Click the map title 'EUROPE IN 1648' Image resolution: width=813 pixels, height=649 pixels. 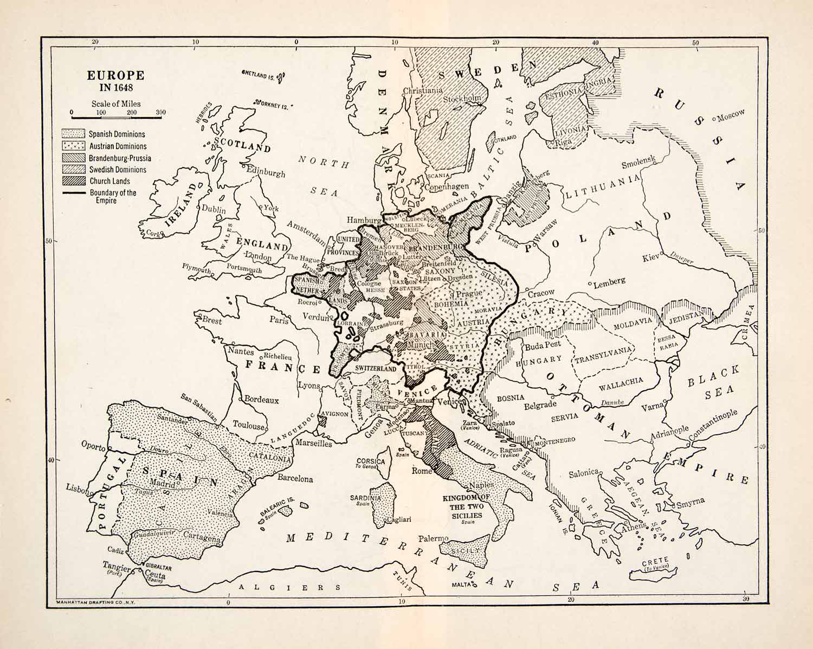115,81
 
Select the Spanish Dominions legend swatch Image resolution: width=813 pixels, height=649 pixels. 74,134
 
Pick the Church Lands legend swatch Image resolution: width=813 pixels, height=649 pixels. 74,181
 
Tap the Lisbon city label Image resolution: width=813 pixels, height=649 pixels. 76,487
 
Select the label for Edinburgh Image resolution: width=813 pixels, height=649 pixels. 266,172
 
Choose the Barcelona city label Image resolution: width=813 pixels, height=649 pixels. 295,479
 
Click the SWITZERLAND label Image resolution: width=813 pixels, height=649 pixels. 376,369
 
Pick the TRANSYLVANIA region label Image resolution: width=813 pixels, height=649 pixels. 603,355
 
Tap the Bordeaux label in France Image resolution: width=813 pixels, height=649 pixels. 261,400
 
